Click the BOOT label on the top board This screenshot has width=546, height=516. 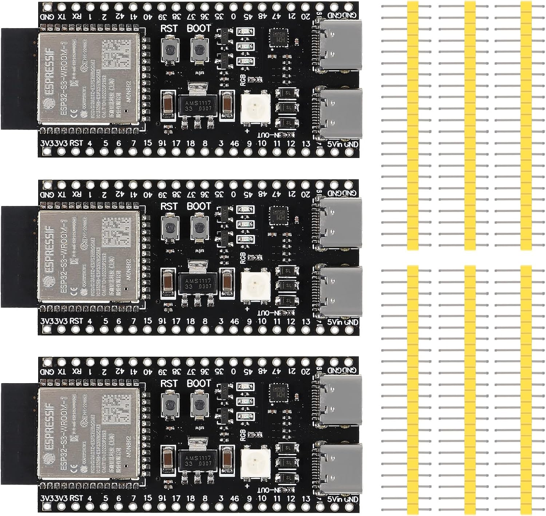click(x=199, y=28)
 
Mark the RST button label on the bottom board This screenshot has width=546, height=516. click(x=169, y=384)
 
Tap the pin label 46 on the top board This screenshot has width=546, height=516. click(x=234, y=144)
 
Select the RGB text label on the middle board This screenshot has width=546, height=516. click(x=243, y=258)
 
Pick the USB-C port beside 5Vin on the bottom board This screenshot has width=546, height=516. click(x=339, y=468)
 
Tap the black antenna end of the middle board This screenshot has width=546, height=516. click(x=18, y=256)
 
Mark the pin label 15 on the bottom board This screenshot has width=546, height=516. click(x=147, y=498)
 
